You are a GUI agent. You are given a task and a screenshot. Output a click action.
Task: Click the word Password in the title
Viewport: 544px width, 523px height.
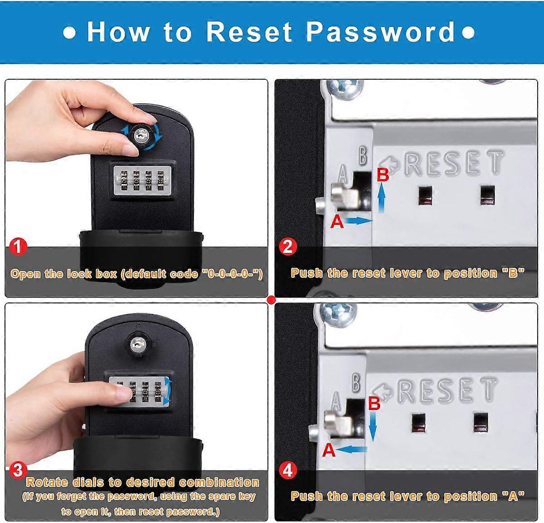(x=380, y=32)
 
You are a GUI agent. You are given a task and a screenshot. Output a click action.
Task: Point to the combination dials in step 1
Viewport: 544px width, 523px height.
(x=141, y=182)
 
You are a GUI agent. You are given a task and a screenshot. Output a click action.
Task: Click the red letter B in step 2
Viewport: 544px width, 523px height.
(x=383, y=174)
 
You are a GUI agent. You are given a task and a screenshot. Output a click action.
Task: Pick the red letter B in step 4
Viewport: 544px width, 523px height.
(x=374, y=403)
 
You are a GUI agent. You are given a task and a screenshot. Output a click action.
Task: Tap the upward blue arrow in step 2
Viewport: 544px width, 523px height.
(x=382, y=198)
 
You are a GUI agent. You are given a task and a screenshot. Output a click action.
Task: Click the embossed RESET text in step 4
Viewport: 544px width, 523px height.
(x=447, y=390)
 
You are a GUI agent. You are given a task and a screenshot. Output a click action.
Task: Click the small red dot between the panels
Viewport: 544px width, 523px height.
(x=272, y=299)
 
